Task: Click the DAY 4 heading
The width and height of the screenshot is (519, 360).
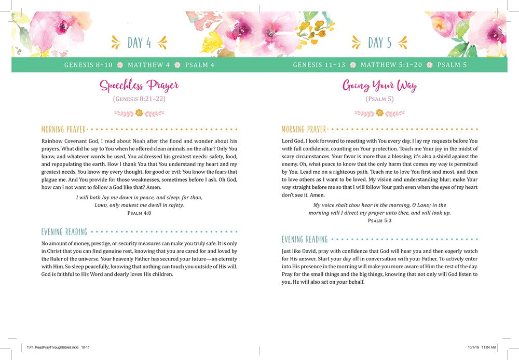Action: click(x=139, y=43)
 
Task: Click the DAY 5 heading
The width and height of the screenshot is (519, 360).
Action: click(x=379, y=43)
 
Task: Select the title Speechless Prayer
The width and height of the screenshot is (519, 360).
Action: click(x=139, y=85)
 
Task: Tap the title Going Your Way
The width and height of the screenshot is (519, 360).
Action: click(x=379, y=85)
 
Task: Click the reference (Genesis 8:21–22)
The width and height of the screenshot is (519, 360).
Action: click(x=139, y=99)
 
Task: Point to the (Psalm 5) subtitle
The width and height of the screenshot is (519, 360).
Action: click(x=379, y=99)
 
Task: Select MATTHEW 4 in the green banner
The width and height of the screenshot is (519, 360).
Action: click(x=149, y=65)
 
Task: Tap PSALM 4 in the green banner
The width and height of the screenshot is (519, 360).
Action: click(x=200, y=65)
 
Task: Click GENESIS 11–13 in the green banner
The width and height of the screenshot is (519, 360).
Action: click(x=319, y=65)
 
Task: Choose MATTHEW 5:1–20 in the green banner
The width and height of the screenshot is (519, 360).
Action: click(x=391, y=65)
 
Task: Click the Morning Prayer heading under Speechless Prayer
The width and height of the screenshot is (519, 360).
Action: click(x=64, y=129)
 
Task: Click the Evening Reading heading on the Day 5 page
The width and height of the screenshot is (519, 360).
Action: click(x=305, y=239)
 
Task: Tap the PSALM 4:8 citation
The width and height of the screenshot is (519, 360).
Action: click(x=139, y=213)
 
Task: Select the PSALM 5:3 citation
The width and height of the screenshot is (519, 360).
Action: click(x=379, y=220)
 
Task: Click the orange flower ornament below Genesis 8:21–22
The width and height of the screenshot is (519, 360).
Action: click(x=139, y=113)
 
